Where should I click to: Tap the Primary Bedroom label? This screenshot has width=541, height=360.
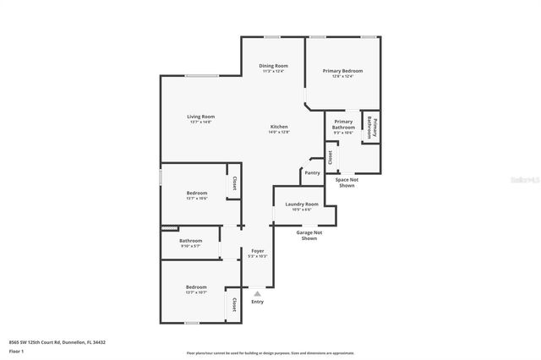342,71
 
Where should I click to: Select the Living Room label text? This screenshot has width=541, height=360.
201,117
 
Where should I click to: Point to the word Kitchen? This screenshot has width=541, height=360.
279,126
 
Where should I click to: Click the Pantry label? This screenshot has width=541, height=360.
312,172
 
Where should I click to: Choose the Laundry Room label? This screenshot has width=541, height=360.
302,204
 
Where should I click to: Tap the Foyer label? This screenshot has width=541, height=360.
257,250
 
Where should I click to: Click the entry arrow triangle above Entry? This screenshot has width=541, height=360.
257,293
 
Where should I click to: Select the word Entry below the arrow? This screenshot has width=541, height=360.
257,302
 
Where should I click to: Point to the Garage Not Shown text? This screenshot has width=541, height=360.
309,236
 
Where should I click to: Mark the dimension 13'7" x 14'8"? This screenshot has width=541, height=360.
201,123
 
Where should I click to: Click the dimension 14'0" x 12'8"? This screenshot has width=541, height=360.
279,133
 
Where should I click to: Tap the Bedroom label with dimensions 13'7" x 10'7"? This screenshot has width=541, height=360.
196,287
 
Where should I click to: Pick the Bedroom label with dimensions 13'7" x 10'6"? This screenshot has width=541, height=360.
197,193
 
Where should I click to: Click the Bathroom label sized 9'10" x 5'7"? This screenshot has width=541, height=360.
190,241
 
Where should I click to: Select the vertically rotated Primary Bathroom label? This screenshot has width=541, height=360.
370,128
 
